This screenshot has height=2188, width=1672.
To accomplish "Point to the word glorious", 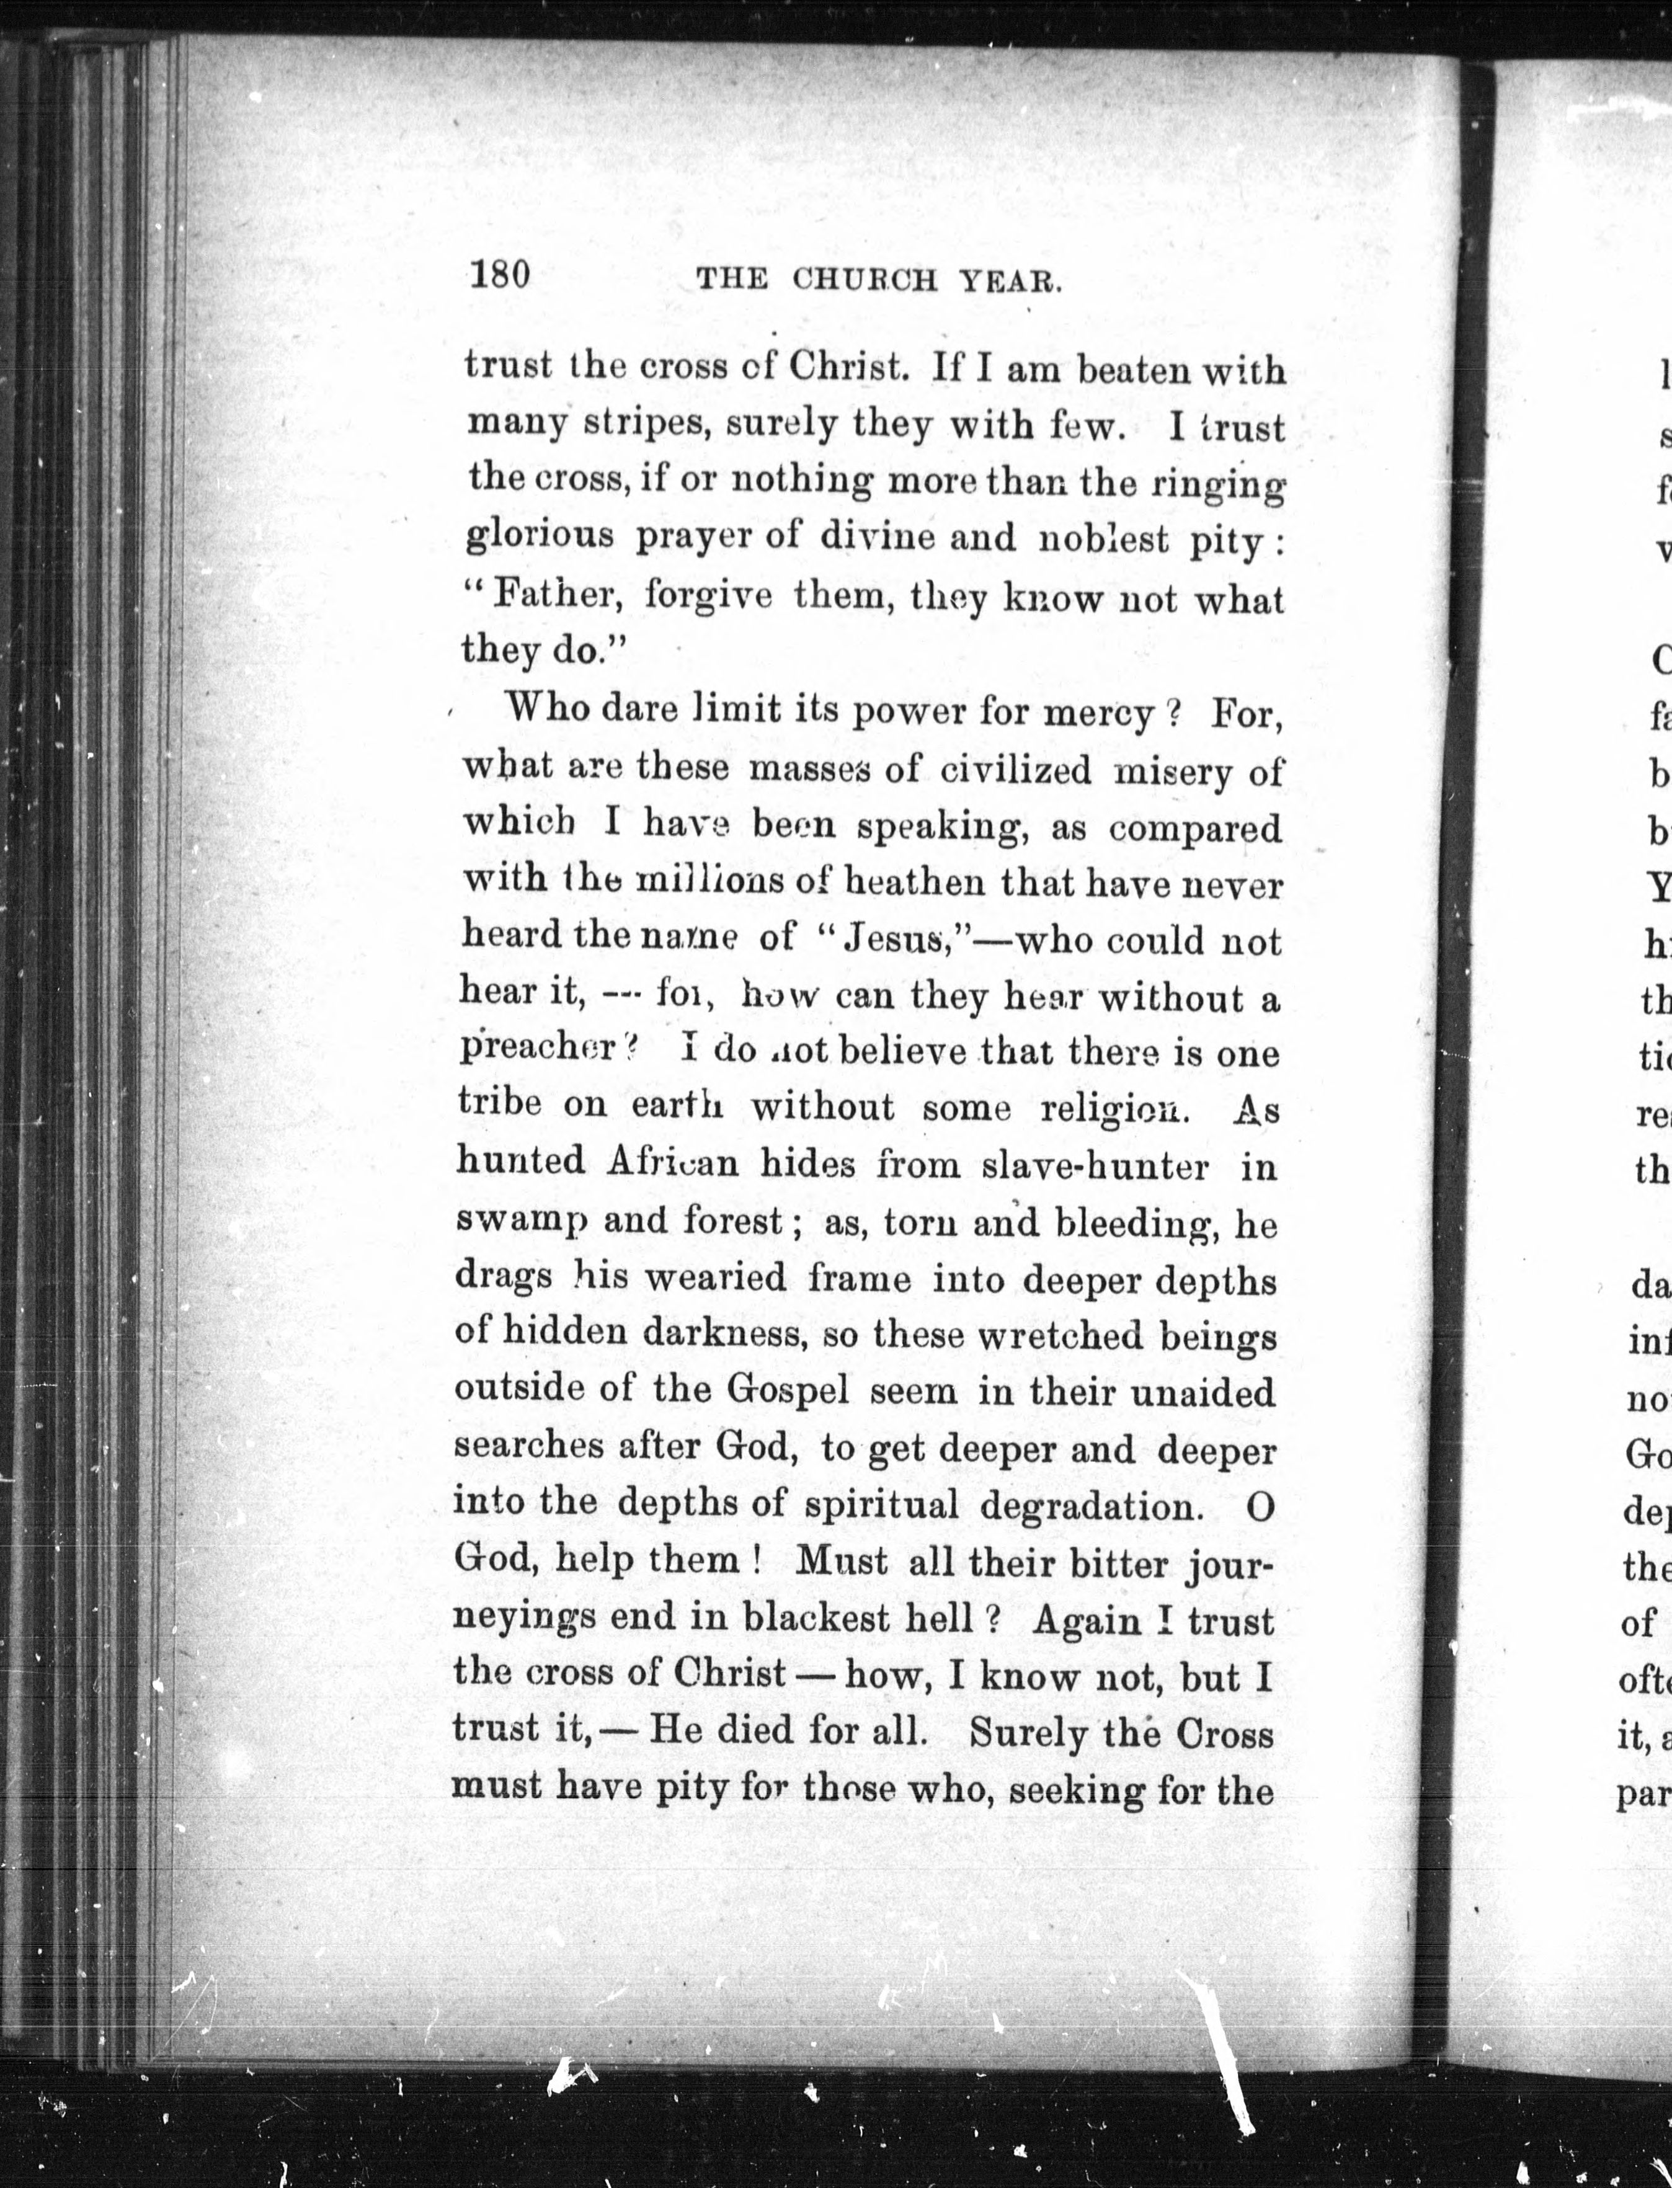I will point(540,536).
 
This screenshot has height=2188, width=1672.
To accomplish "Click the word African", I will point(673,1162).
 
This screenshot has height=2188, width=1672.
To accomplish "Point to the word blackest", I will point(816,1619).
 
